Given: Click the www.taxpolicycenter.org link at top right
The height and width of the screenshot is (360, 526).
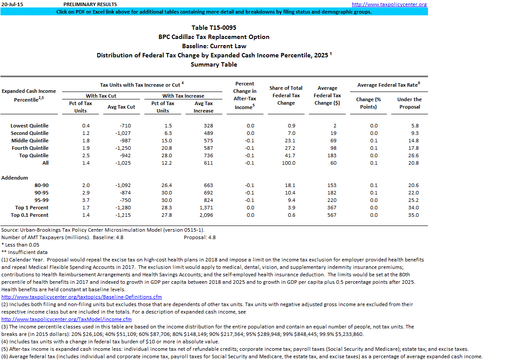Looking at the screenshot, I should click(389, 4).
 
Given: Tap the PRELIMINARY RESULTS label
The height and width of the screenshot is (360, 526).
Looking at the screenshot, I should click(90, 4).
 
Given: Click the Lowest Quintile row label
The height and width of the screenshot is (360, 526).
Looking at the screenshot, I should click(30, 126).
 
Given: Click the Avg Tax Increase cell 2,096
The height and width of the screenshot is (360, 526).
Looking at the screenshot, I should click(205, 215).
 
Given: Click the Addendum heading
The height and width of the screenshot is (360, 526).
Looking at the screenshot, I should click(15, 178).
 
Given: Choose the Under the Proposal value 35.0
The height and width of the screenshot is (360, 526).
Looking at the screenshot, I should click(413, 215).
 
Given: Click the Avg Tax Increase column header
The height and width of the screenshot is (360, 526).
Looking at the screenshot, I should click(203, 107).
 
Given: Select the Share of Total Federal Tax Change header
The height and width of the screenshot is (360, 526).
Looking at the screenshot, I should click(286, 95).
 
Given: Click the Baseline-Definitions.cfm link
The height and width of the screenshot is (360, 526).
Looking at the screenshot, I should click(82, 297).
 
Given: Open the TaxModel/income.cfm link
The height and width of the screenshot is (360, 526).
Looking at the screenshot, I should click(67, 319).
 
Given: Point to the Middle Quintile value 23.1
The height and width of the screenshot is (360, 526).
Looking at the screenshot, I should click(290, 141).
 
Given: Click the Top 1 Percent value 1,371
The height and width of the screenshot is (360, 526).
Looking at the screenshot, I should click(205, 208).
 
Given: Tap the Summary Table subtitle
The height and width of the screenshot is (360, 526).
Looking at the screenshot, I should click(214, 64).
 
